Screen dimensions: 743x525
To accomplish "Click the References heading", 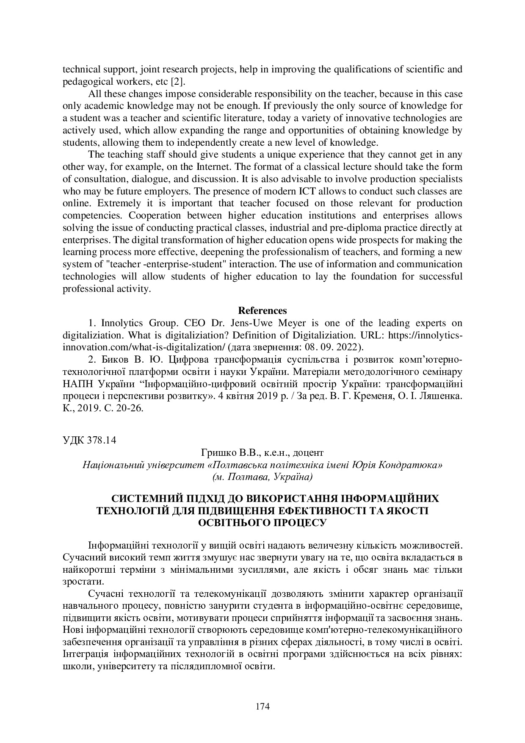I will click(262, 311).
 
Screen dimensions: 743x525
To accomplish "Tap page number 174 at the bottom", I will click(262, 706).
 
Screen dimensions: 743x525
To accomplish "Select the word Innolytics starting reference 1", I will click(121, 323).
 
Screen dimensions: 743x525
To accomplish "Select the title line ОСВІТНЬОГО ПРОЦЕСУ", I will click(262, 522).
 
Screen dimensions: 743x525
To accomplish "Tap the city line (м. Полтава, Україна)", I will click(262, 477).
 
